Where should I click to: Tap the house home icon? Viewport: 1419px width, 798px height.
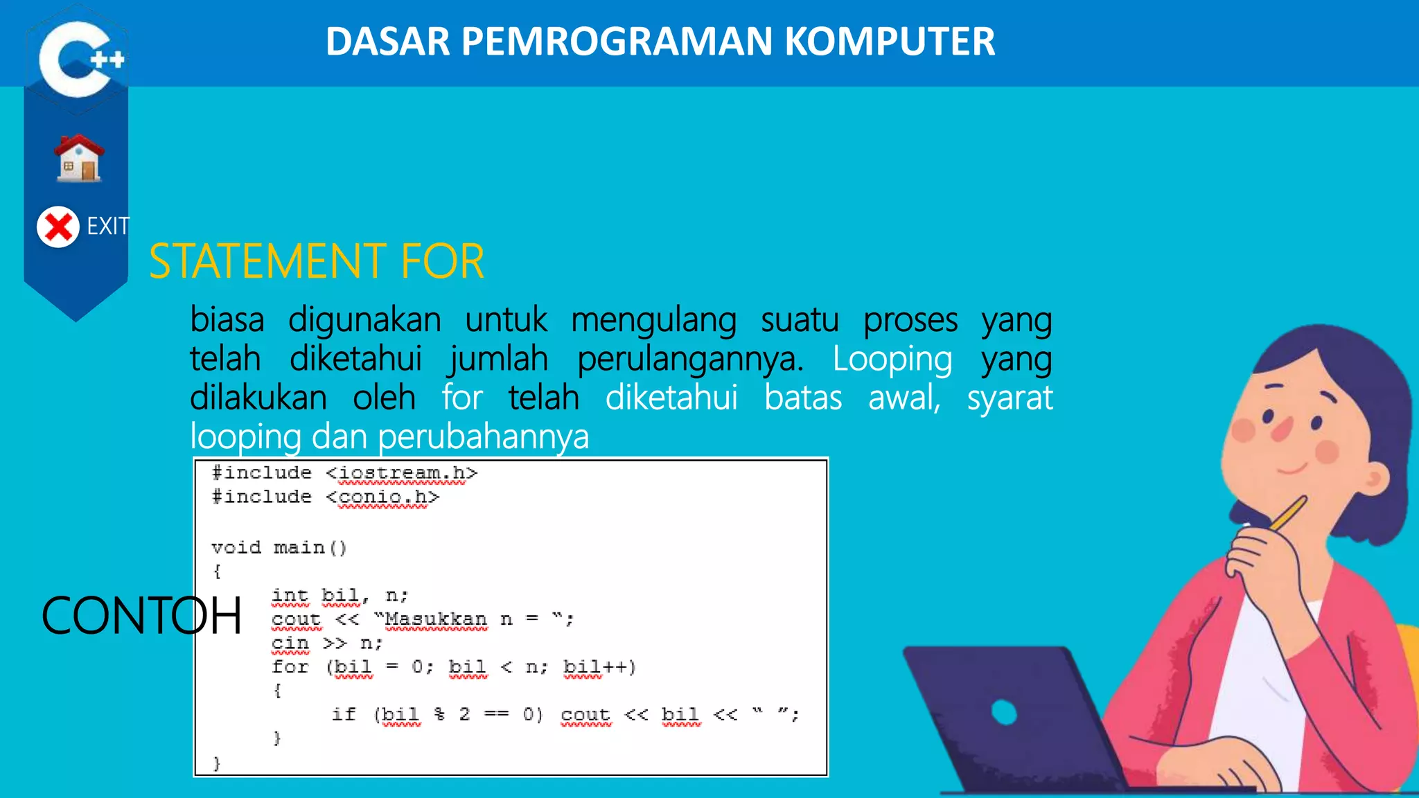(x=79, y=159)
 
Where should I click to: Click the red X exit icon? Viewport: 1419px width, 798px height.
(x=58, y=227)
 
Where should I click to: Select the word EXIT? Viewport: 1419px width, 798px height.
(x=108, y=226)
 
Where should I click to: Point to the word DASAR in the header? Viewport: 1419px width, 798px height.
(x=388, y=42)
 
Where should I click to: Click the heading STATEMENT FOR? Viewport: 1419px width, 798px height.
(x=317, y=262)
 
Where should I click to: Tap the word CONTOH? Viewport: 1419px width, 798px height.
(x=141, y=616)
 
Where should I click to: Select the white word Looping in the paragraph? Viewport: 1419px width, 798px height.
(x=892, y=359)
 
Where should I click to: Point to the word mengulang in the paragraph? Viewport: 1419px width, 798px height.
(x=653, y=320)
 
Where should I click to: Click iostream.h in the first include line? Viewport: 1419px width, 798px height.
(x=402, y=473)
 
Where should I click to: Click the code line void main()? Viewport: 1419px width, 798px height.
(x=279, y=548)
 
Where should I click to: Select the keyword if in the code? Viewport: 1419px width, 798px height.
(x=344, y=714)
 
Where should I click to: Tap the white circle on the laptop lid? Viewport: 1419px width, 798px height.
(x=1004, y=712)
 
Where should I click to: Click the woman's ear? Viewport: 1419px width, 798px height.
(x=1375, y=478)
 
